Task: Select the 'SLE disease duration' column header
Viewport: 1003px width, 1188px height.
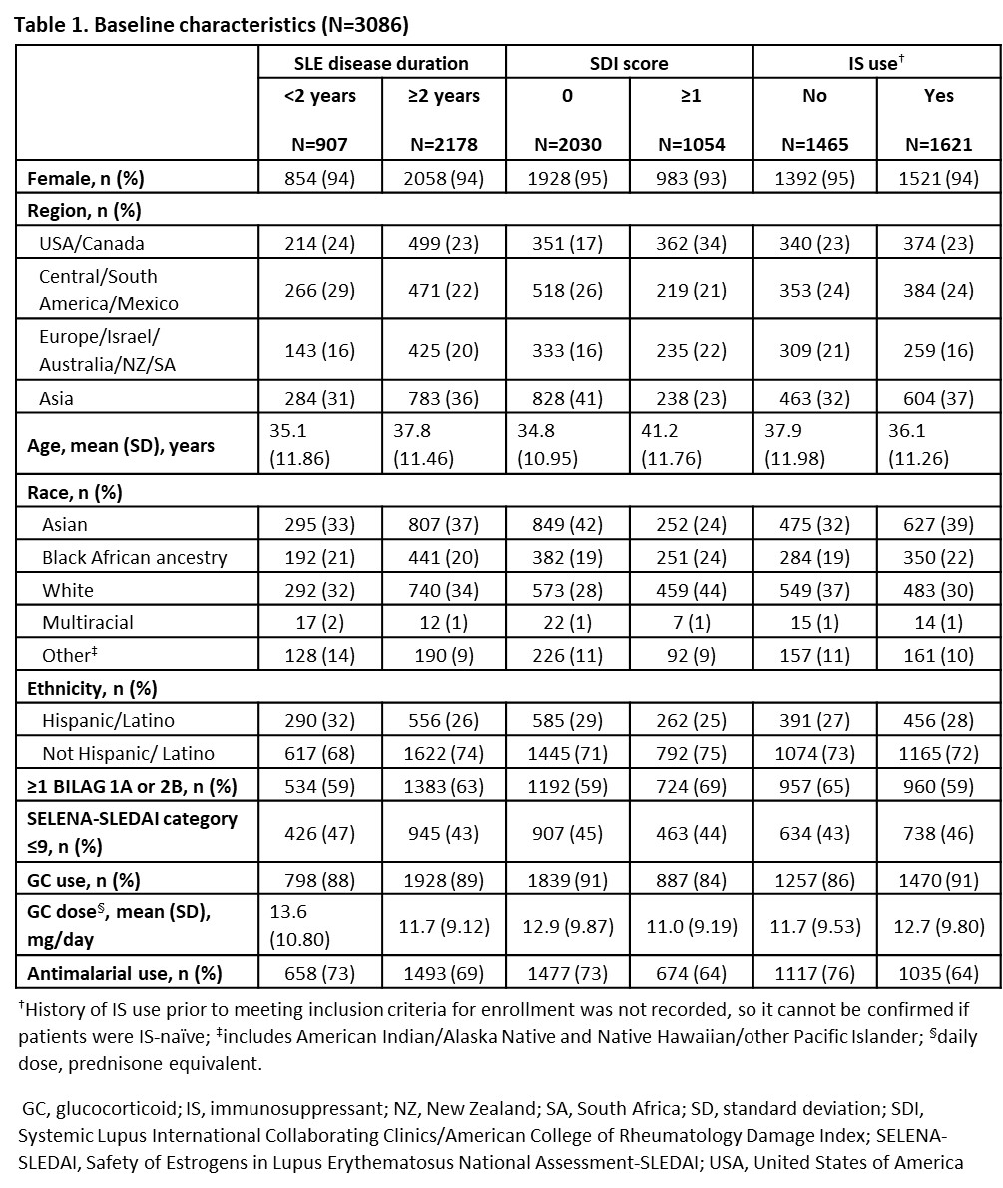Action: (x=380, y=63)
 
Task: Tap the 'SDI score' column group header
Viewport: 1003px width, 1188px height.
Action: (x=628, y=63)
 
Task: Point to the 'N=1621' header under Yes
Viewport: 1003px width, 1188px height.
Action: (x=938, y=144)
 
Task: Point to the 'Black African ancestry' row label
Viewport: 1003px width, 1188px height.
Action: (x=134, y=557)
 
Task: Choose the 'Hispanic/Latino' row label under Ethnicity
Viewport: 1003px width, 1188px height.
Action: (x=99, y=721)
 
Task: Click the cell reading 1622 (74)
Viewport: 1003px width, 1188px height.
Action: (x=444, y=753)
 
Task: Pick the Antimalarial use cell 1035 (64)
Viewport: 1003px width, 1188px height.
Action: (x=938, y=973)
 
